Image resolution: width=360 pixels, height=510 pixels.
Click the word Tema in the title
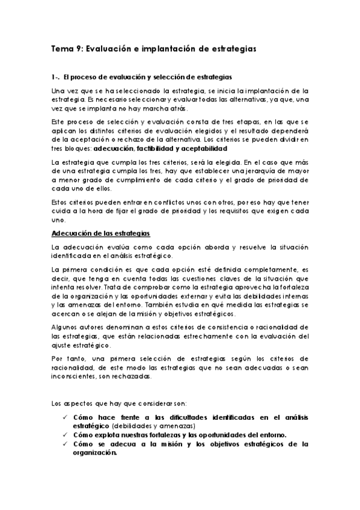[61, 48]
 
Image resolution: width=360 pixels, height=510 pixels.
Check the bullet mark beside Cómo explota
[66, 434]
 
